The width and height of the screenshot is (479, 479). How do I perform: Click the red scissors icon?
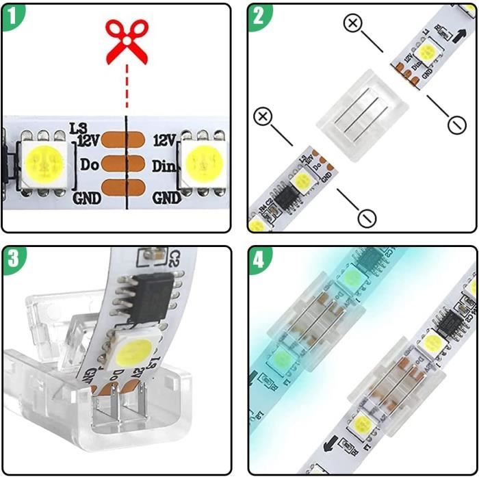coord(127,41)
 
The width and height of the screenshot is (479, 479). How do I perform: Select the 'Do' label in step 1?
coord(90,165)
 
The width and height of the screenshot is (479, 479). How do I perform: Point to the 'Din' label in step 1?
coord(165,165)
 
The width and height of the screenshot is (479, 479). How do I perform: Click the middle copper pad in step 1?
coord(127,165)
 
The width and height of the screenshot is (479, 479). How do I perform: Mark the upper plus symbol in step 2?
coord(352,24)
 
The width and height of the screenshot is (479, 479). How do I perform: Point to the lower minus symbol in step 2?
coord(367,218)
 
